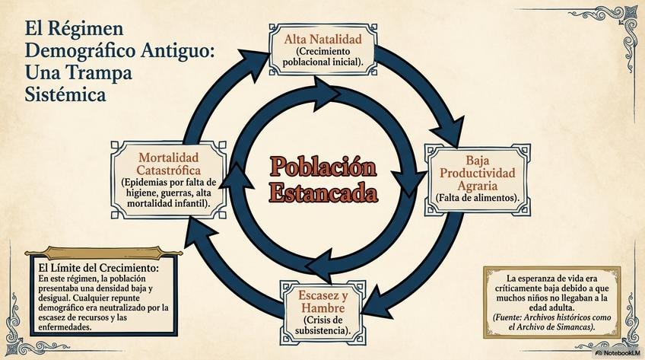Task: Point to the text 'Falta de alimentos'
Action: point(477,198)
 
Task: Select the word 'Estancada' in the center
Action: point(323,191)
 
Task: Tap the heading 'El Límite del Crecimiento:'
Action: point(98,269)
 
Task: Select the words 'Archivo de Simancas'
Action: point(554,327)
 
